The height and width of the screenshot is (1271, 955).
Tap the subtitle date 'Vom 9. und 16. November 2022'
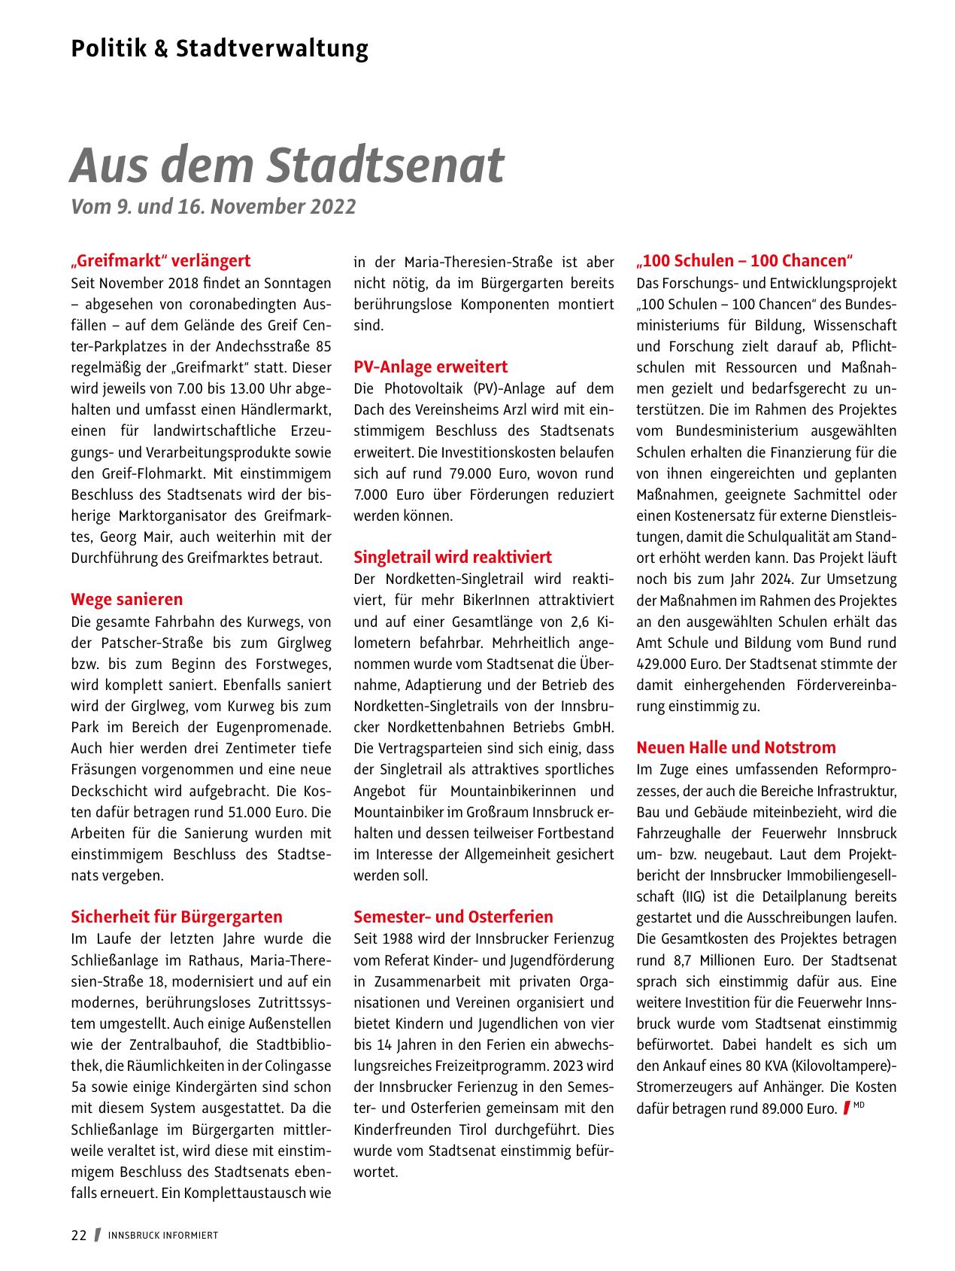[x=213, y=207]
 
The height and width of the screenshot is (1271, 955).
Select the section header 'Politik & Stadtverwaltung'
[x=220, y=49]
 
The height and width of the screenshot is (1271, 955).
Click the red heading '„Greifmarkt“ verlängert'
[x=160, y=261]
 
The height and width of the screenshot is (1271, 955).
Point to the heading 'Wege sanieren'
[x=126, y=600]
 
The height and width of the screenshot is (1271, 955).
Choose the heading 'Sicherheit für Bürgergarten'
[x=177, y=917]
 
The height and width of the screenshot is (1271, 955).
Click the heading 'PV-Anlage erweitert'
[x=430, y=367]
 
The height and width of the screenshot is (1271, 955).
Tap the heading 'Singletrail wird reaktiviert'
[x=452, y=558]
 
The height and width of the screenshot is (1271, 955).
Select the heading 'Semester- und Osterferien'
[x=453, y=917]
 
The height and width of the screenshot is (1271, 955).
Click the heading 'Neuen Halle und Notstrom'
[x=735, y=748]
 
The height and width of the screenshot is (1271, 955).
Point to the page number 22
[x=79, y=1236]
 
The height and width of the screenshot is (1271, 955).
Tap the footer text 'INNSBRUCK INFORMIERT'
[x=163, y=1236]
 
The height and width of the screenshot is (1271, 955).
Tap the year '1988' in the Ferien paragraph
[x=403, y=939]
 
